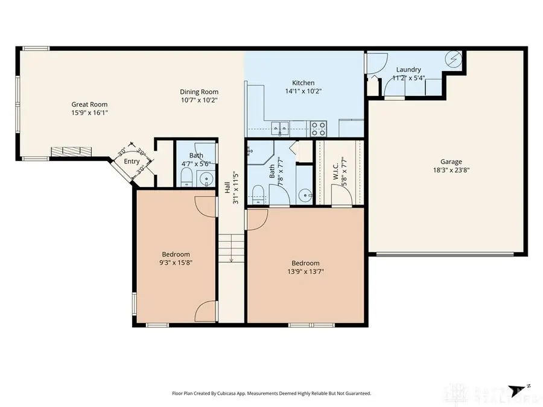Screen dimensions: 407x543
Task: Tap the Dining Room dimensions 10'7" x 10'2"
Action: [198, 99]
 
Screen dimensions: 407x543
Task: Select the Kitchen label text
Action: [303, 83]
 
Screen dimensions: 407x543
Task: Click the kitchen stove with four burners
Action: [319, 128]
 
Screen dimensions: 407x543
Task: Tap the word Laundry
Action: [408, 69]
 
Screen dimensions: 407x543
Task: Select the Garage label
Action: [451, 162]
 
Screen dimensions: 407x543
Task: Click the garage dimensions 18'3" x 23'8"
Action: [451, 170]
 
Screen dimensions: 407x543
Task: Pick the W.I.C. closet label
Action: [336, 170]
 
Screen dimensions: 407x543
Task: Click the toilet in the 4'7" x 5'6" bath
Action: [186, 177]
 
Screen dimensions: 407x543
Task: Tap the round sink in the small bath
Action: [206, 178]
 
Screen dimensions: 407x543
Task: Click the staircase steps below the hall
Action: [231, 247]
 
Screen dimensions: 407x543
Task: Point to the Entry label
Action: [132, 162]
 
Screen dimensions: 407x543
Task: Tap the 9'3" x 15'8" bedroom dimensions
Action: [176, 262]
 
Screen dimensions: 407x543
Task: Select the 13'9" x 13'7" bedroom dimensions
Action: [305, 271]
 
